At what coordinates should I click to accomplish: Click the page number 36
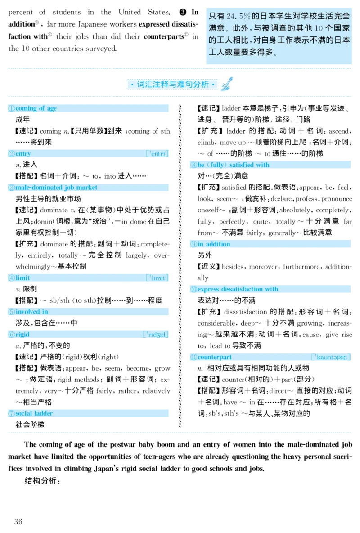pyautogui.click(x=18, y=521)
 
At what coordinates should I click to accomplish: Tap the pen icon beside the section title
pyautogui.click(x=227, y=84)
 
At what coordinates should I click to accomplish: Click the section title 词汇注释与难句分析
pyautogui.click(x=173, y=84)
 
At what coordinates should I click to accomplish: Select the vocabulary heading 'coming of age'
pyautogui.click(x=36, y=108)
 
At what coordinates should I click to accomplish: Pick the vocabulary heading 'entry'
pyautogui.click(x=23, y=154)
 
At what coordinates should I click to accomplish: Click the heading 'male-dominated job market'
pyautogui.click(x=56, y=187)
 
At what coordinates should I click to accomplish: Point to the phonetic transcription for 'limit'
pyautogui.click(x=157, y=278)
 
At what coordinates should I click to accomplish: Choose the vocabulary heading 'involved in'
pyautogui.click(x=31, y=312)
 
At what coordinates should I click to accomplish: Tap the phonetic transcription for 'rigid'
pyautogui.click(x=156, y=335)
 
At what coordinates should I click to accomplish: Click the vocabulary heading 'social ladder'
pyautogui.click(x=34, y=413)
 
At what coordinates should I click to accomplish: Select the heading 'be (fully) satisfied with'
pyautogui.click(x=234, y=165)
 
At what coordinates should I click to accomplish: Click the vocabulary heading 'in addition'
pyautogui.click(x=214, y=244)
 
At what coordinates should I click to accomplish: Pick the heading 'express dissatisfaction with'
pyautogui.click(x=238, y=289)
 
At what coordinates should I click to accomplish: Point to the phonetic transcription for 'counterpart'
pyautogui.click(x=331, y=357)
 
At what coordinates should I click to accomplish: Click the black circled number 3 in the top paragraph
pyautogui.click(x=183, y=12)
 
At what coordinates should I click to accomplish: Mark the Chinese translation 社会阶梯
pyautogui.click(x=30, y=425)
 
